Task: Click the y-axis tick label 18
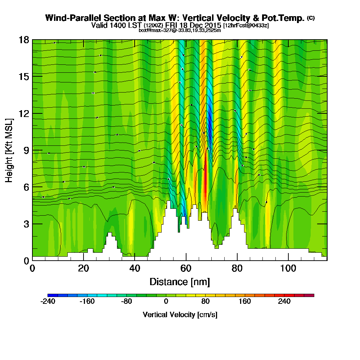(x=24, y=40)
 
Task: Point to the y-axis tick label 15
(x=24, y=77)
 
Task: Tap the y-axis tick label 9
(x=26, y=150)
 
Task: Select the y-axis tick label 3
(x=26, y=224)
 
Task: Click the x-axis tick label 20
(x=84, y=269)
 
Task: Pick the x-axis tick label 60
(x=186, y=269)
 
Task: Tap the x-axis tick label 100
(x=288, y=269)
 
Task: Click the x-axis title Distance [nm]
(x=180, y=282)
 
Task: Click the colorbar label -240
(x=48, y=302)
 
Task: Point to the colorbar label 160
(x=245, y=302)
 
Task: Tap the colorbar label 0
(x=166, y=302)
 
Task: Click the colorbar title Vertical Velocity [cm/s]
(x=180, y=315)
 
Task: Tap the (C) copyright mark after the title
(x=311, y=18)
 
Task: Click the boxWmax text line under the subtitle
(x=180, y=30)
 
